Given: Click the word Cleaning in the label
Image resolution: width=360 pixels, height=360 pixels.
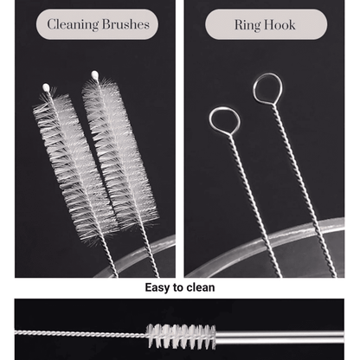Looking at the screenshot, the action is point(73,25).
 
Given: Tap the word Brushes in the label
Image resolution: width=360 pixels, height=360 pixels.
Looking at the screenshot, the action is point(125,24).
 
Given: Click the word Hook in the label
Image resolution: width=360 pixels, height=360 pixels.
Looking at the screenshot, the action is point(280,25).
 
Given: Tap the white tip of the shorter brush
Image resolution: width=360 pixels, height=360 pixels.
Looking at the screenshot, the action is point(46,87).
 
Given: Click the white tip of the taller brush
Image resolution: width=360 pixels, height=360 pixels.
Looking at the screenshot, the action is point(94,75).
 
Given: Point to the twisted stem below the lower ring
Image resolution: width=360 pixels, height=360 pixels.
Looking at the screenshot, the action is point(254,205).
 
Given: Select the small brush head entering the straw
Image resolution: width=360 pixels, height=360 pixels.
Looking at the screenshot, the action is point(181,336).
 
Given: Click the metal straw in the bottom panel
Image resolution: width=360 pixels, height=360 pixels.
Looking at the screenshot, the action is point(280,337).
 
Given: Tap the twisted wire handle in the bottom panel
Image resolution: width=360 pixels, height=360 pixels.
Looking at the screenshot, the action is point(80,334).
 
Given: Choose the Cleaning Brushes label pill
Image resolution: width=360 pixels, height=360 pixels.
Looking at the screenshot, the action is point(97,24).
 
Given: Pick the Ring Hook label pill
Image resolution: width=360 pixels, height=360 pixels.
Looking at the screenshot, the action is point(267,24).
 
